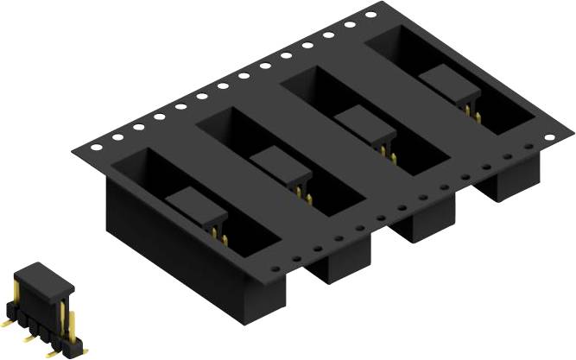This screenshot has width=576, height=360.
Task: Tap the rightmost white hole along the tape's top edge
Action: [x=370, y=15]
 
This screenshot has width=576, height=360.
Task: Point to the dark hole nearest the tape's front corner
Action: [x=275, y=268]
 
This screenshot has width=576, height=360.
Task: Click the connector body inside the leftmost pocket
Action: [x=195, y=207]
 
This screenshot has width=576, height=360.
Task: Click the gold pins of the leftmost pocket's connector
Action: [x=219, y=237]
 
